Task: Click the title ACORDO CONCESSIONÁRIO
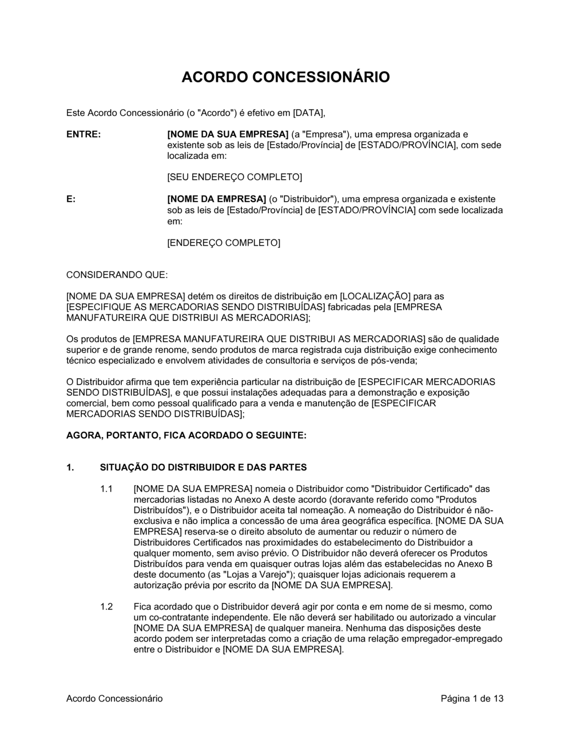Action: (285, 77)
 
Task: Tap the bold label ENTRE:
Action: (84, 134)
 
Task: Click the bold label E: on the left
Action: (71, 199)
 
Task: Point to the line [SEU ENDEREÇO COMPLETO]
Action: (234, 178)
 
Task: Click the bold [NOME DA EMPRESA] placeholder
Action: (216, 199)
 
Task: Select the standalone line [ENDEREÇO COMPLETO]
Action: (224, 243)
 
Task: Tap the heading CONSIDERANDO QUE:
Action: (117, 275)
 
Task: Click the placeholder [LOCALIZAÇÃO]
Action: (375, 297)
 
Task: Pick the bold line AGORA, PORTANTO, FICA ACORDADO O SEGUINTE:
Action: (186, 435)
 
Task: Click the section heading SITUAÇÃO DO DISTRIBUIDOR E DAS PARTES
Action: (203, 467)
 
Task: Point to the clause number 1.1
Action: (106, 489)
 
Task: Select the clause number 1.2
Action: (106, 607)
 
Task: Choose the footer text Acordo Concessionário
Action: (114, 698)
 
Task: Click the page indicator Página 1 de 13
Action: (472, 698)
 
